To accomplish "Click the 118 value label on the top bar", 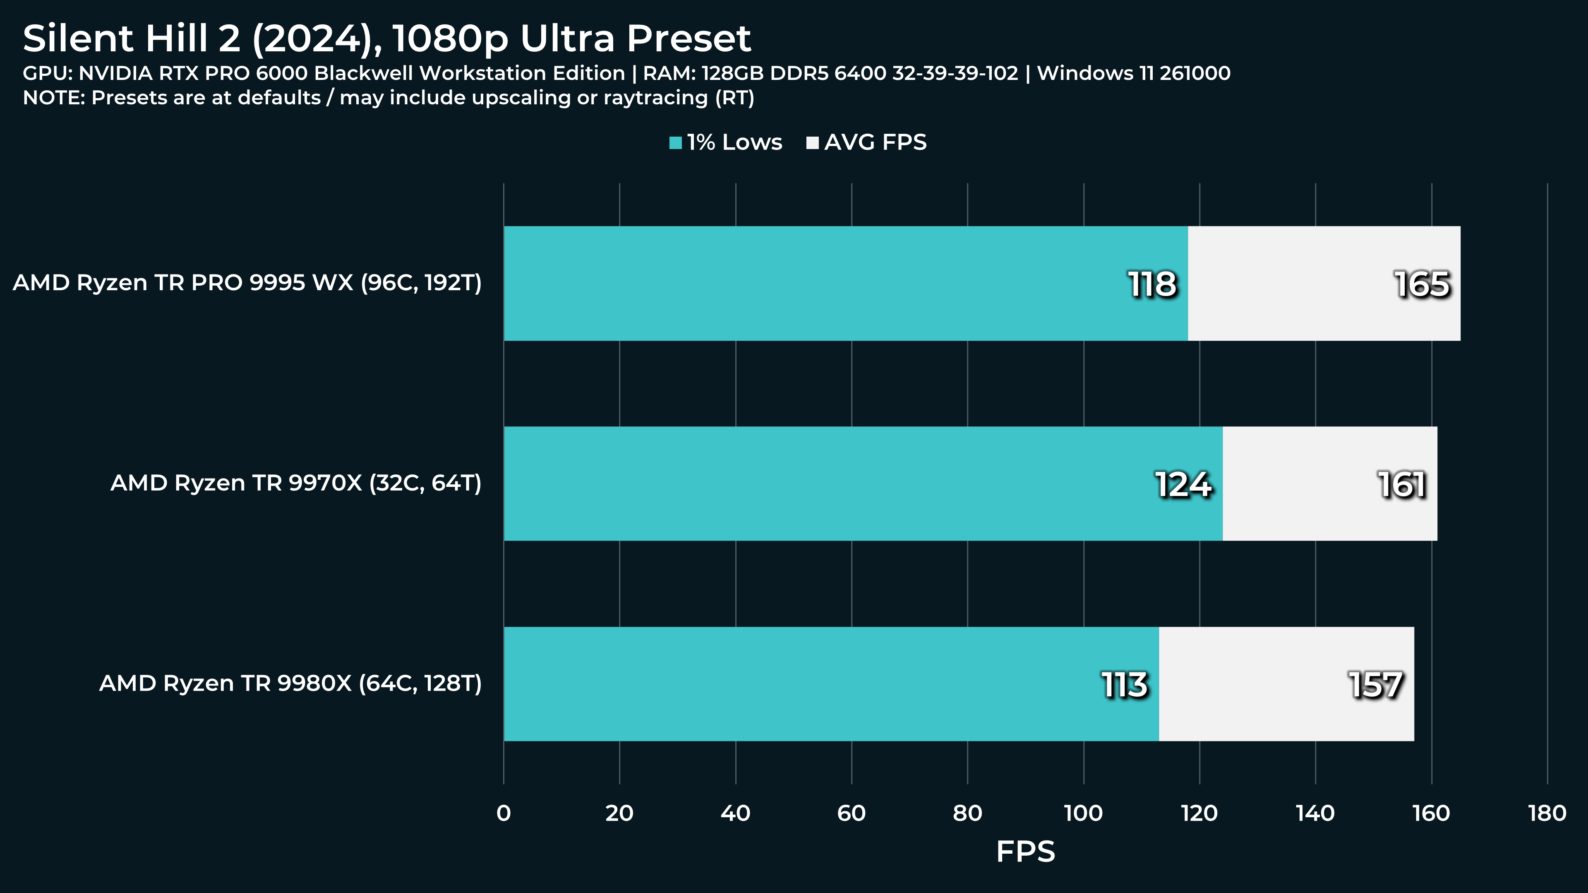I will (1151, 284).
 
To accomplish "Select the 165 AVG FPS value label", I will (1422, 284).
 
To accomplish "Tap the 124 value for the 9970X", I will (1183, 485).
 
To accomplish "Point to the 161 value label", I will (1402, 485).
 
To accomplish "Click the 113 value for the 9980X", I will (1125, 685).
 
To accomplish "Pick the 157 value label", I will (1376, 685).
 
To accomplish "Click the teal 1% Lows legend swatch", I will (676, 143).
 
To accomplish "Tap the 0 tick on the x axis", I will (504, 814).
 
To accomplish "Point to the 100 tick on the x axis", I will (1083, 814).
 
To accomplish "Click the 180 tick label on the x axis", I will (1547, 814).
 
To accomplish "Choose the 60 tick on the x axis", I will (852, 814).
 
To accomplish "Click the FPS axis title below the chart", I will (1025, 852).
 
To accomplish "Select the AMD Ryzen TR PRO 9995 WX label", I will (247, 283).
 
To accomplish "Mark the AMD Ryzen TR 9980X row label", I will (290, 684).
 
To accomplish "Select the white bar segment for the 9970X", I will (1330, 484).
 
